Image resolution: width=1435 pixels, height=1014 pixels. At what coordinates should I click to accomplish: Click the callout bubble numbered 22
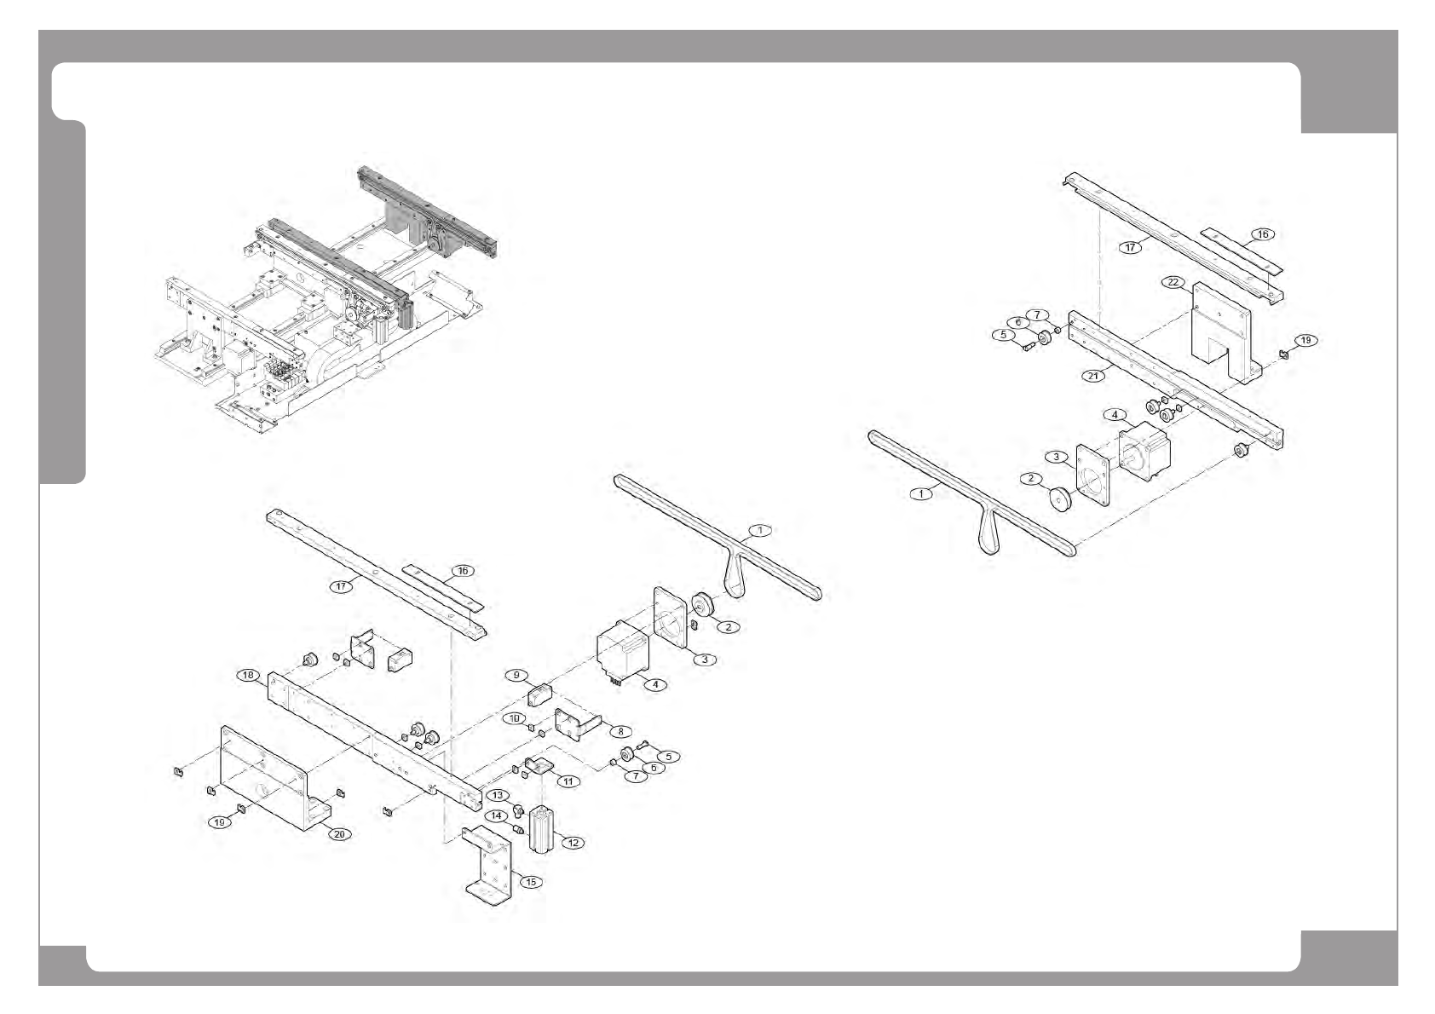click(1173, 282)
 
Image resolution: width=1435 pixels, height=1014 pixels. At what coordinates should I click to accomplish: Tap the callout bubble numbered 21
click(1094, 376)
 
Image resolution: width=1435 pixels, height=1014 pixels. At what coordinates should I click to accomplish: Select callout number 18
click(248, 676)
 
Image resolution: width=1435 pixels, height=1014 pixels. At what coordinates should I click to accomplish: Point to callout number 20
click(339, 834)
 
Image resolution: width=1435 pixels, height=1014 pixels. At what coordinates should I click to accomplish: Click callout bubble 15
click(530, 882)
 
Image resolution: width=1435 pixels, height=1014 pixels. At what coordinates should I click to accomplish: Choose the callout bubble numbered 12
click(573, 843)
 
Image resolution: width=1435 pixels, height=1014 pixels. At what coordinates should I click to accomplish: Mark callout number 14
click(495, 816)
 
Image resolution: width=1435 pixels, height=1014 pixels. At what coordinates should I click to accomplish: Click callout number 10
click(514, 718)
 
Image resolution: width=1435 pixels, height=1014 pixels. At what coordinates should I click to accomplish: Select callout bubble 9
click(516, 675)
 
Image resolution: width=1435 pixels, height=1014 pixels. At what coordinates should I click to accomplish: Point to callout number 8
click(620, 731)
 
